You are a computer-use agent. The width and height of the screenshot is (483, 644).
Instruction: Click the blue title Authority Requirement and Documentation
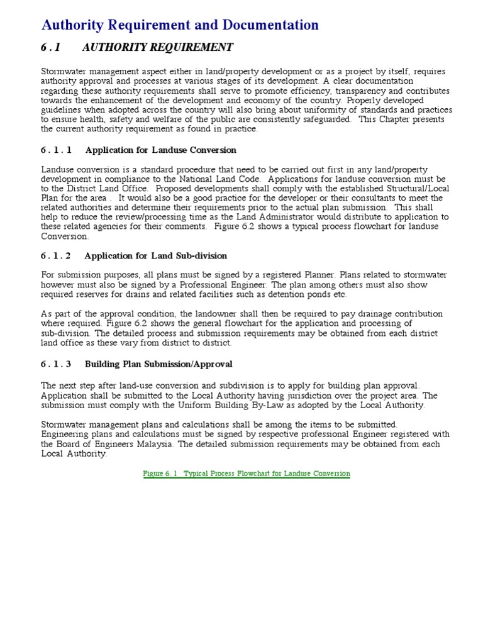pyautogui.click(x=180, y=25)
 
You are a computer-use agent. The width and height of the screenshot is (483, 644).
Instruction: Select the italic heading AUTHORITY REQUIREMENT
pyautogui.click(x=157, y=47)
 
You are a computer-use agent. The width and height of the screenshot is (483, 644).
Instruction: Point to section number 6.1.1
pyautogui.click(x=57, y=150)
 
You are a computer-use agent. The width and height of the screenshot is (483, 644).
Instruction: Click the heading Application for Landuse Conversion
pyautogui.click(x=161, y=150)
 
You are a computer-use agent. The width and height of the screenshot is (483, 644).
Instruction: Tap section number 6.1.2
pyautogui.click(x=57, y=256)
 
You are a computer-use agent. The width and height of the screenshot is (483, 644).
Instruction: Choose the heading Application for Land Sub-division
pyautogui.click(x=156, y=256)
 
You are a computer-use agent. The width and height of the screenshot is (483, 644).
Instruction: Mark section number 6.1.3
pyautogui.click(x=57, y=364)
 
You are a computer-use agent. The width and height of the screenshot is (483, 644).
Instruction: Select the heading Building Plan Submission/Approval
pyautogui.click(x=158, y=364)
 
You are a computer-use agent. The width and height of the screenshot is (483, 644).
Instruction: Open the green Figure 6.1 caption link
pyautogui.click(x=247, y=474)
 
